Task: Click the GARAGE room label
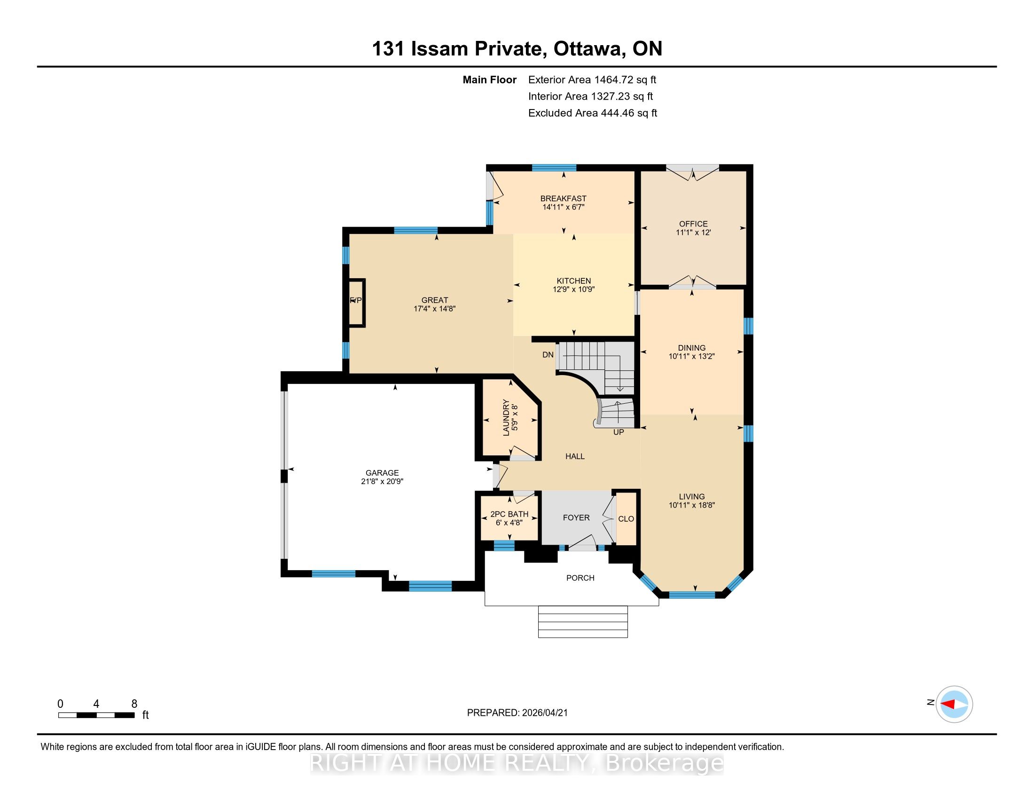click(x=382, y=472)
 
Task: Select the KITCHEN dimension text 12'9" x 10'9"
click(x=573, y=289)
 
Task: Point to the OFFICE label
click(x=693, y=224)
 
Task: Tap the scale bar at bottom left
click(x=96, y=715)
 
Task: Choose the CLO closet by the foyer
click(x=626, y=519)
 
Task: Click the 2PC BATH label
click(x=509, y=514)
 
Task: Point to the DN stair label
click(x=548, y=354)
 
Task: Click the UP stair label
click(x=619, y=432)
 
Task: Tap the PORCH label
click(x=580, y=578)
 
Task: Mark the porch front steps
click(x=583, y=621)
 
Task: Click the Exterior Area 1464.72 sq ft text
click(x=592, y=80)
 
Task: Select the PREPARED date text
click(x=517, y=713)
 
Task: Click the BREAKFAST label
click(x=564, y=198)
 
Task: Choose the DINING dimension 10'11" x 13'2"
click(x=691, y=356)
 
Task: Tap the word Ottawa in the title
click(x=588, y=49)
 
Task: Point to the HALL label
click(x=575, y=456)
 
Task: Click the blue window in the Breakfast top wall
click(x=554, y=168)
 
